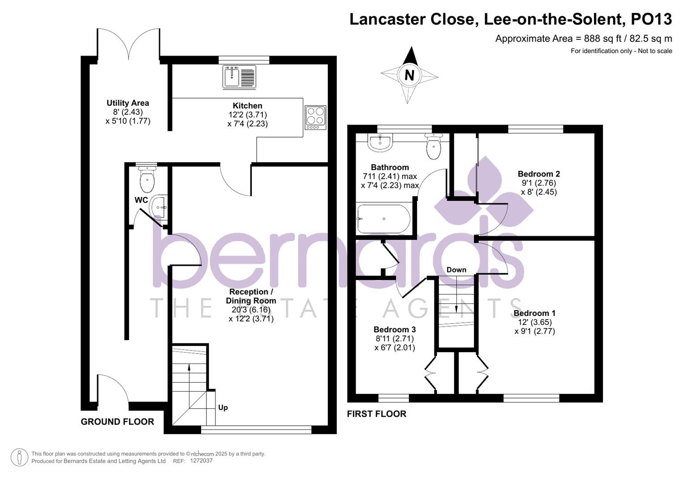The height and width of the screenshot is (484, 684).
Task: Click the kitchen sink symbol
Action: point(239,77)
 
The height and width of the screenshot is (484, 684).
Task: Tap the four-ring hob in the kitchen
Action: point(315,117)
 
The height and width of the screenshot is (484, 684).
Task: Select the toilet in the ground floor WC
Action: point(147,180)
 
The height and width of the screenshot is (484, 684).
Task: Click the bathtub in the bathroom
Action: point(383,219)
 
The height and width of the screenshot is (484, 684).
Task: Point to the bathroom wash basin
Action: point(380,143)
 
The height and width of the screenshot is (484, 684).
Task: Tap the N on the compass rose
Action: point(409,75)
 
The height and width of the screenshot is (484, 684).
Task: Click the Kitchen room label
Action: point(247,106)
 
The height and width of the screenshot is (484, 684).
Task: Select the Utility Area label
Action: point(128,103)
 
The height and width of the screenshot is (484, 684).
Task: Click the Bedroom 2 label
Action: point(539,174)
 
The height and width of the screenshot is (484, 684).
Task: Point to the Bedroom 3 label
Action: point(395,330)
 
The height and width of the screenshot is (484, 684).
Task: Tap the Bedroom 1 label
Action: point(534,313)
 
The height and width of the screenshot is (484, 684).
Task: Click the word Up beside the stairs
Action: point(223,407)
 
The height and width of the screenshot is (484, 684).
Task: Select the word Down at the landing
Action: point(456,270)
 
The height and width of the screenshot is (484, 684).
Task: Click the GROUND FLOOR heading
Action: point(117,422)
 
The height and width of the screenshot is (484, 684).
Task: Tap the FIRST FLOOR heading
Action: point(377,414)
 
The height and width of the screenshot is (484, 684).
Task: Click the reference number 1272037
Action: point(201,461)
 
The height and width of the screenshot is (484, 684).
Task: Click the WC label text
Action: point(141,200)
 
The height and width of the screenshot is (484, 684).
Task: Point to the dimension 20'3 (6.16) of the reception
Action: point(251,310)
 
